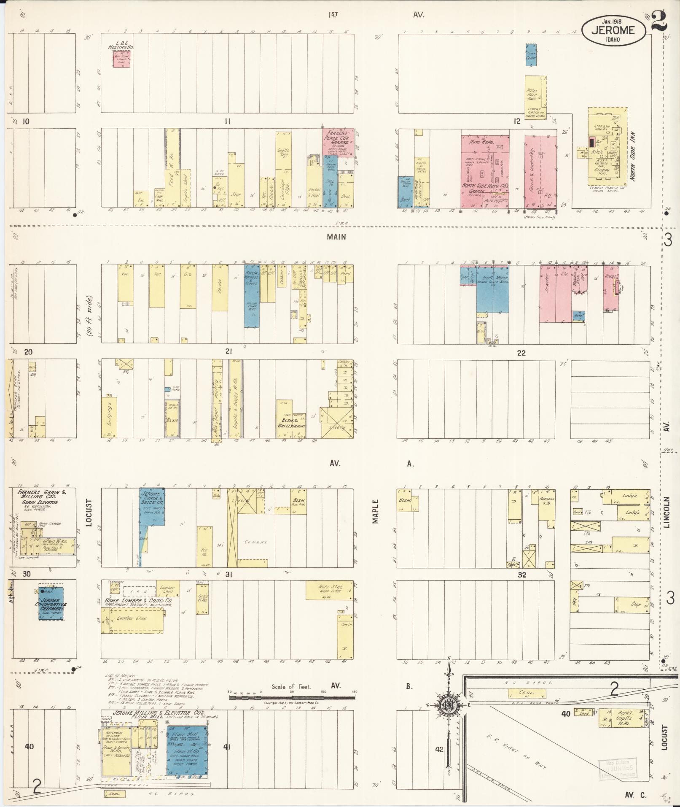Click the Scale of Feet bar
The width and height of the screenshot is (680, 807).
[x=292, y=697]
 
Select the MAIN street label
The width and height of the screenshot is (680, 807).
[x=336, y=237]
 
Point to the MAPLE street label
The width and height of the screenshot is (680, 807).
[x=376, y=512]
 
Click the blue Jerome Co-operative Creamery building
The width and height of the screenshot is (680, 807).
[x=51, y=603]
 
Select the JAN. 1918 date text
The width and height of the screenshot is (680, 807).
[x=613, y=20]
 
